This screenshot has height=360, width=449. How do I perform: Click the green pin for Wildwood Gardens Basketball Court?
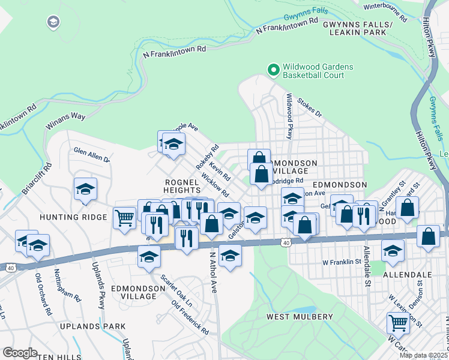tap(273, 70)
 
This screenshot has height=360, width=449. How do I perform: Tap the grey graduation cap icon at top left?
tap(53, 22)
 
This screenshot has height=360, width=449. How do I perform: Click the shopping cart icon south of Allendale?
tap(398, 322)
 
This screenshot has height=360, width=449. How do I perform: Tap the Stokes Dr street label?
tap(310, 109)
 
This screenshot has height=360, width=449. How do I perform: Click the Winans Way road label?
tap(66, 121)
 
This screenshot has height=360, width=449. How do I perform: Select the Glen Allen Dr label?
tap(92, 155)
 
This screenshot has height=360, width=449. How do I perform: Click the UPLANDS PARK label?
tap(92, 326)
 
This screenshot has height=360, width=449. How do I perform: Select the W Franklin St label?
tap(342, 262)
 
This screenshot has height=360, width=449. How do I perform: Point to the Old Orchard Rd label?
tap(43, 296)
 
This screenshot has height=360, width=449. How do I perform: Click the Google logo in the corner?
tap(20, 352)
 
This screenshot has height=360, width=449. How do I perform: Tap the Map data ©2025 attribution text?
tap(423, 355)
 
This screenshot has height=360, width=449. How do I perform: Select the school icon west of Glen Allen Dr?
tap(85, 189)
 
